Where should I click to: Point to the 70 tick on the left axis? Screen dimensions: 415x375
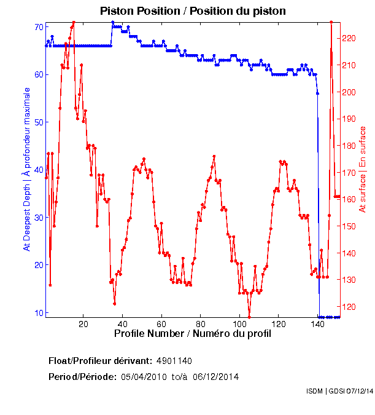(39, 27)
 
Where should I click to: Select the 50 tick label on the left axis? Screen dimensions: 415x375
(39, 122)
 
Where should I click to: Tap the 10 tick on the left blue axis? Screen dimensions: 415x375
(39, 312)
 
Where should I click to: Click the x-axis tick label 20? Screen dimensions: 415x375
(83, 323)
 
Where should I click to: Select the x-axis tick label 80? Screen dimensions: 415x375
(201, 323)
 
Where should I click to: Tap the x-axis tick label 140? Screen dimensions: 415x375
(318, 323)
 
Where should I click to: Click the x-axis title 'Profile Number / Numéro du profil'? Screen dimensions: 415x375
(192, 334)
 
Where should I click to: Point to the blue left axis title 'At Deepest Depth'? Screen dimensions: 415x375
(26, 169)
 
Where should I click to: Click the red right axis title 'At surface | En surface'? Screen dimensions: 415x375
(363, 169)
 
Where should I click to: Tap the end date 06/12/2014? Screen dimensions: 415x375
(216, 376)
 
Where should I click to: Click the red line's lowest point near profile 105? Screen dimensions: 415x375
(249, 317)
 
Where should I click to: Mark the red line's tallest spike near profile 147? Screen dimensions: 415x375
(331, 22)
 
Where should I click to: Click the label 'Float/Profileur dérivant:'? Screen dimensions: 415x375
(101, 360)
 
